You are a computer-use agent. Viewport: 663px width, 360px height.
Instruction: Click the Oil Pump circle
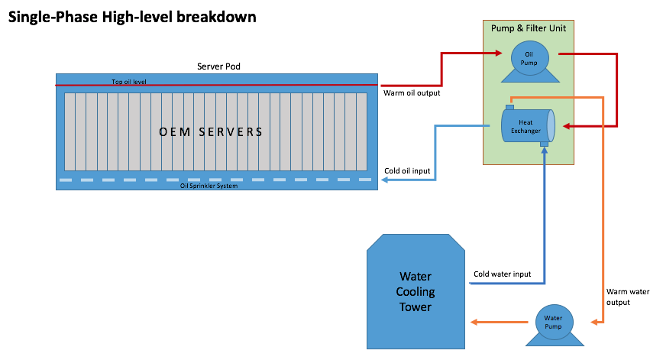pyautogui.click(x=530, y=58)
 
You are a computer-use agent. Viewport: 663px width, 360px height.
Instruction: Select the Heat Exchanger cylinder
pyautogui.click(x=528, y=125)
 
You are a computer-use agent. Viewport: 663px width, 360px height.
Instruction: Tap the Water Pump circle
pyautogui.click(x=554, y=323)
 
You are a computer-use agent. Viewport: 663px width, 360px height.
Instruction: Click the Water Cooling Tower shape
pyautogui.click(x=416, y=291)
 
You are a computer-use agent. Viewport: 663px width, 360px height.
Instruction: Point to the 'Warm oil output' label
pyautogui.click(x=412, y=93)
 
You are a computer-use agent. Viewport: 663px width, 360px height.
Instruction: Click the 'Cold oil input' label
pyautogui.click(x=407, y=171)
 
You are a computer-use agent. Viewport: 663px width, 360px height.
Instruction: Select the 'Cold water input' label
pyautogui.click(x=502, y=274)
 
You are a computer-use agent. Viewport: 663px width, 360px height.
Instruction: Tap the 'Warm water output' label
pyautogui.click(x=628, y=297)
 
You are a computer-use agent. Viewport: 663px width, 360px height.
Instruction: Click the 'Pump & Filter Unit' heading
pyautogui.click(x=528, y=28)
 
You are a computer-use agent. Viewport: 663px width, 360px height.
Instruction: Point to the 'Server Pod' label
pyautogui.click(x=218, y=66)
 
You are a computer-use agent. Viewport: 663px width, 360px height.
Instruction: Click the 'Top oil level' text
pyautogui.click(x=129, y=82)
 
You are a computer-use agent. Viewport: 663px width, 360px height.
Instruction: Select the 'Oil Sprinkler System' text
pyautogui.click(x=209, y=186)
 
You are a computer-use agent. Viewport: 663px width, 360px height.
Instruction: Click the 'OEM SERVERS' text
pyautogui.click(x=211, y=132)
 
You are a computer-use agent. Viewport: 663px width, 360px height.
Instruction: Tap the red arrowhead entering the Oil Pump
pyautogui.click(x=499, y=53)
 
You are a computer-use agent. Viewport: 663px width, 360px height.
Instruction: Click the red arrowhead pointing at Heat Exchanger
pyautogui.click(x=567, y=126)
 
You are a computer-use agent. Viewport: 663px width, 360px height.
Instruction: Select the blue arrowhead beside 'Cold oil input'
pyautogui.click(x=385, y=180)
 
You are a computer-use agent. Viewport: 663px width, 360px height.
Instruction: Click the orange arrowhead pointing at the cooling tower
pyautogui.click(x=474, y=323)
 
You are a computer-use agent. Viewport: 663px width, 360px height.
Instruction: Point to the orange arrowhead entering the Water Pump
pyautogui.click(x=594, y=323)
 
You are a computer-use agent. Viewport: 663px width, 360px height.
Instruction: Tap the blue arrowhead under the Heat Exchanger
pyautogui.click(x=545, y=151)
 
